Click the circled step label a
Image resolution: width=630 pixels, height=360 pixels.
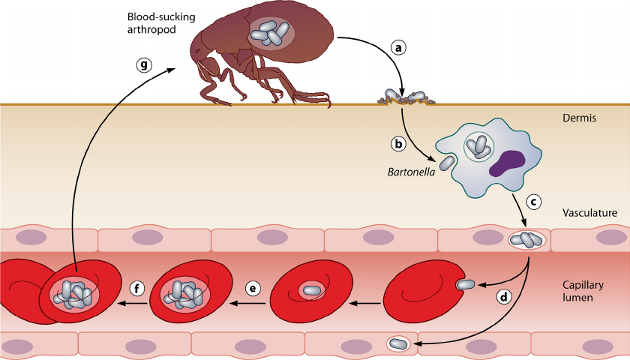click(399, 47)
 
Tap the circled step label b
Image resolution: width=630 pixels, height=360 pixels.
click(400, 142)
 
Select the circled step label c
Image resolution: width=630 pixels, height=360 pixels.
click(534, 202)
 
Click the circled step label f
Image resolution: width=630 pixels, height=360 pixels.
click(136, 288)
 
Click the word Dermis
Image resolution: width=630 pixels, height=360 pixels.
click(578, 118)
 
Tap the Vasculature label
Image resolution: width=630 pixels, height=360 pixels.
click(589, 213)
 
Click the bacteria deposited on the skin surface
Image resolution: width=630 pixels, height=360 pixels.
click(405, 97)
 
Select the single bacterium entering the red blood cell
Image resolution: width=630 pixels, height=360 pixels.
click(465, 284)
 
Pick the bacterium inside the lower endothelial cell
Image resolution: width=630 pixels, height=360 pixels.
click(397, 344)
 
